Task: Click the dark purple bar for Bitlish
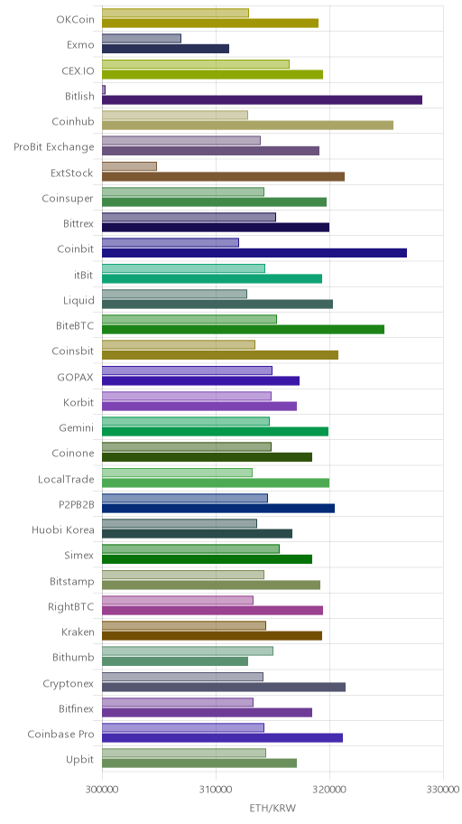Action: tap(262, 100)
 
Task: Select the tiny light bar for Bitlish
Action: tap(104, 89)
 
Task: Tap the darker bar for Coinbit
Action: tap(254, 253)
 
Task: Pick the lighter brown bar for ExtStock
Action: tap(129, 166)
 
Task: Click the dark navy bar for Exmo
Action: tap(165, 49)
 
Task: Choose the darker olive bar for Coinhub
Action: tap(247, 125)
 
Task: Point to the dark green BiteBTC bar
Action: tap(243, 330)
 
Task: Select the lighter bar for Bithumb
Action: tap(188, 651)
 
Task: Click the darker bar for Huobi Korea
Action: tap(197, 533)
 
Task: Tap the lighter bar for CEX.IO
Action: tap(195, 64)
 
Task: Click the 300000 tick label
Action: tap(102, 790)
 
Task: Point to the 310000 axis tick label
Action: tap(216, 790)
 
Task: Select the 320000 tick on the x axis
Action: tap(329, 790)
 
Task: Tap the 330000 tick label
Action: tap(444, 790)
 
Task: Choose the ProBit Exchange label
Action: tap(54, 147)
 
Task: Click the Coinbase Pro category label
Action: tap(60, 735)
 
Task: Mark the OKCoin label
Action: tap(76, 20)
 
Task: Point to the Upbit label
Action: tap(80, 760)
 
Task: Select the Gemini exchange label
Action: tap(77, 428)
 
